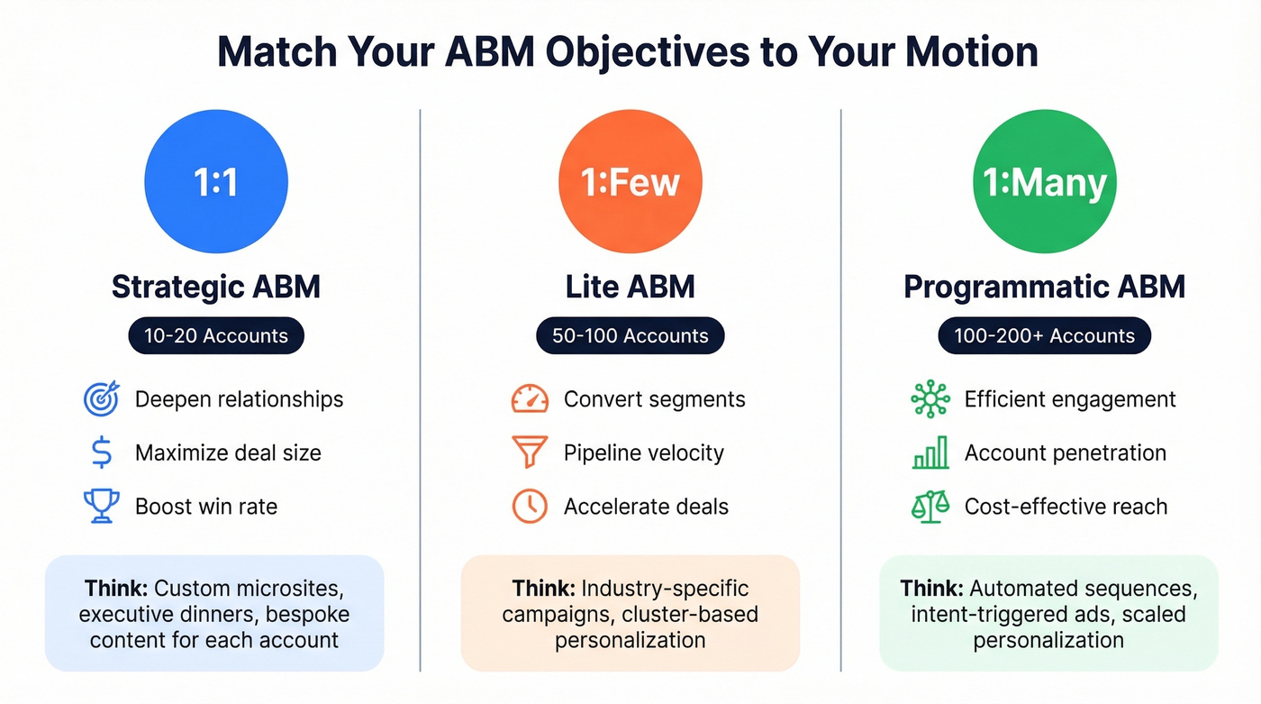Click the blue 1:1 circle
pos(216,182)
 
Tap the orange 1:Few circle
pos(630,182)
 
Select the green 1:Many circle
pos(1045,182)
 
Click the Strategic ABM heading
pos(216,287)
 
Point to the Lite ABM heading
pos(630,287)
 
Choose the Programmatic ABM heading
pos(1045,287)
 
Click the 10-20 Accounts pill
pos(216,336)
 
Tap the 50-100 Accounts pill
pos(630,336)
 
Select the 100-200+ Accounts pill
pos(1045,336)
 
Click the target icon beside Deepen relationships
pos(101,399)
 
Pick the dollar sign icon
pos(102,453)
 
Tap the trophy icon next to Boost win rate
pos(101,506)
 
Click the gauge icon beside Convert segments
pos(530,399)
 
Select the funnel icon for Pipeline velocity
pos(530,453)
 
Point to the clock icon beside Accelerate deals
pos(530,506)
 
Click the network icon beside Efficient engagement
pos(930,399)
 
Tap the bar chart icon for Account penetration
pos(930,453)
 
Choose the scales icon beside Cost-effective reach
pos(930,506)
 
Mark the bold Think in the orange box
pos(543,589)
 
